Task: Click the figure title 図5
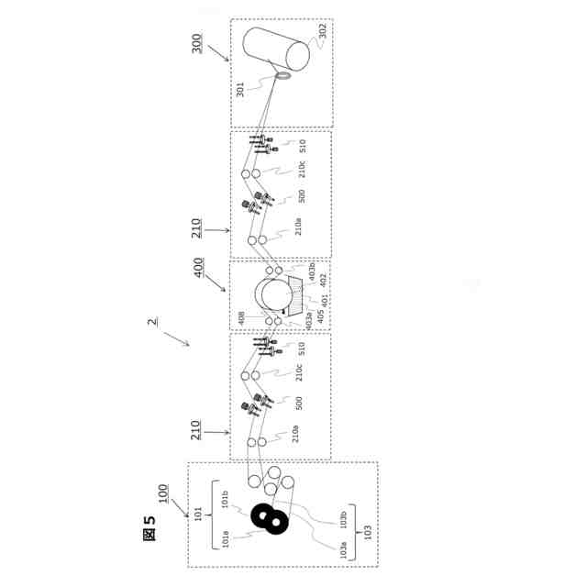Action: point(150,527)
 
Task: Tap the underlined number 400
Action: point(198,273)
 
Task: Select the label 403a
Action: point(309,317)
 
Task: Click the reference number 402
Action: point(321,278)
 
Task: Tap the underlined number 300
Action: point(198,43)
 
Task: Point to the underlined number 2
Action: point(152,322)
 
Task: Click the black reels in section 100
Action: point(270,519)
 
